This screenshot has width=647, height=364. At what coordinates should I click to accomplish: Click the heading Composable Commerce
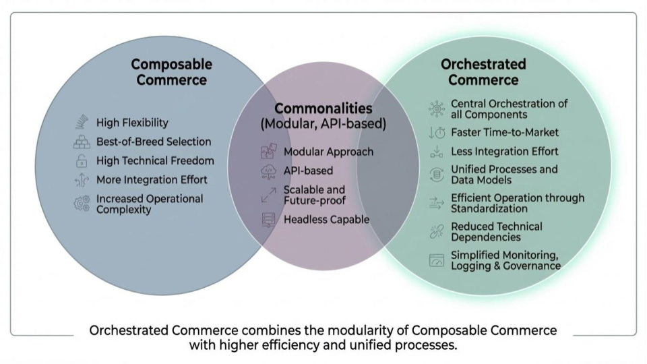tap(171, 72)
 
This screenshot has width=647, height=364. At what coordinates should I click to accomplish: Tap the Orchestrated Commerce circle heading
tap(483, 72)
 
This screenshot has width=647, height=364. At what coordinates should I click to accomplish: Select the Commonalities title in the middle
tap(323, 109)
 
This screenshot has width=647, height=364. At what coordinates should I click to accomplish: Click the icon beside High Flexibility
tap(82, 123)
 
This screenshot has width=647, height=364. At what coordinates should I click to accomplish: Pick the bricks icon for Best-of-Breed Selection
tap(82, 142)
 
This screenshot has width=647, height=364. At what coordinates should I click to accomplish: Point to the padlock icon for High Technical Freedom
tap(82, 161)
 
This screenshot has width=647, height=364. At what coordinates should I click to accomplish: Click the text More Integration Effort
tap(152, 180)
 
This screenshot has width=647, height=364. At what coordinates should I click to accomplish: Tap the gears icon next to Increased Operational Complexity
tap(82, 204)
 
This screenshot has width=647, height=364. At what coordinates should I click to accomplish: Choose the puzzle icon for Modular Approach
tap(268, 152)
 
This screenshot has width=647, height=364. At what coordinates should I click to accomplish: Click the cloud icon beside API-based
tap(268, 172)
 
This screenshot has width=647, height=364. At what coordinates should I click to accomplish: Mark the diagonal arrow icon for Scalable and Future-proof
tap(268, 195)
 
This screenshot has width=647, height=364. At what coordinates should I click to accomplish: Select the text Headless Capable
tap(326, 219)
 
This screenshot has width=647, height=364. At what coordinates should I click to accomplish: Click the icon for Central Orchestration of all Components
tap(436, 109)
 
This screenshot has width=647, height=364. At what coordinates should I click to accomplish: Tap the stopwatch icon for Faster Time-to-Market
tap(436, 133)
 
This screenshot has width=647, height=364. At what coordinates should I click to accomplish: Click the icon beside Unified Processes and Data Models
tap(436, 175)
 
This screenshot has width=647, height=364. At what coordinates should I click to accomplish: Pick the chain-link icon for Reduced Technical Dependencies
tap(436, 232)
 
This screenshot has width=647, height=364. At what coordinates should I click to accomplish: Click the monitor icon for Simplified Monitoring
tap(437, 260)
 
